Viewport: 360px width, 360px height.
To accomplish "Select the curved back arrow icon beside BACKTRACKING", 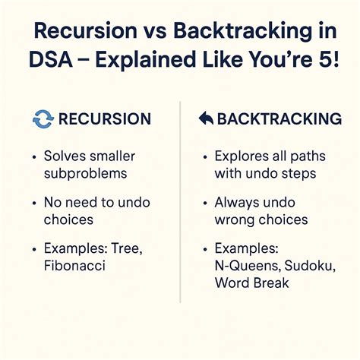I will (204, 119).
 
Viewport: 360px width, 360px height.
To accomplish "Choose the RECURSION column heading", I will (104, 118).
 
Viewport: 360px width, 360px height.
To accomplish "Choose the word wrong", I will (235, 219).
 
